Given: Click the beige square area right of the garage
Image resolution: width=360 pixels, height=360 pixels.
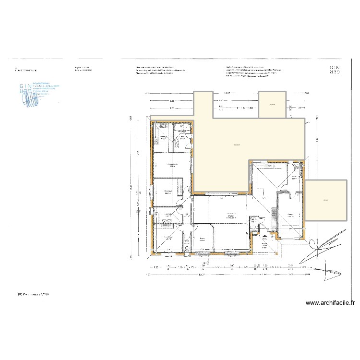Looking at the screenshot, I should click(x=325, y=200).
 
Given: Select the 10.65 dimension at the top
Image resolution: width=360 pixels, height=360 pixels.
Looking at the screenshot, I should click(x=228, y=93).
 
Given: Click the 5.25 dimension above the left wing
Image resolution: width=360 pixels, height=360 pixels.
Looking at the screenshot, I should click(x=171, y=101).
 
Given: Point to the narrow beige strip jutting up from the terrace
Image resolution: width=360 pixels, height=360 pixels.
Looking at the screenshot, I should click(x=203, y=103).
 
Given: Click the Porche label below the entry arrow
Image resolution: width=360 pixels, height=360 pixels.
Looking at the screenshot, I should click(x=264, y=244).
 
